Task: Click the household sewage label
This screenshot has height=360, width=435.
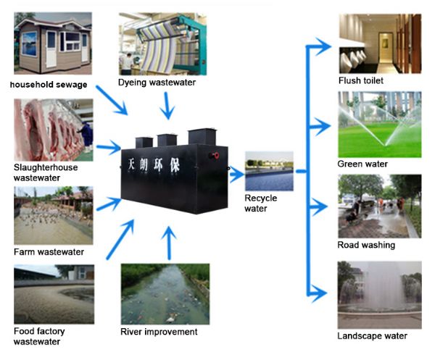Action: (x=49, y=85)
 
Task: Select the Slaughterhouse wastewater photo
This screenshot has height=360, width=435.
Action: (x=53, y=130)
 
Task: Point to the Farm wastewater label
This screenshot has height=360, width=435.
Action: (x=49, y=252)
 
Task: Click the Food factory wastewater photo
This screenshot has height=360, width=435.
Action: (x=53, y=293)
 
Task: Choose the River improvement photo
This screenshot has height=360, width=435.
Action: (x=165, y=293)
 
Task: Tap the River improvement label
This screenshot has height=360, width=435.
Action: (x=159, y=332)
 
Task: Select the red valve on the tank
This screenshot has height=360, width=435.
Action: (x=214, y=156)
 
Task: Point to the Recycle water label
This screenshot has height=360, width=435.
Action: (x=260, y=204)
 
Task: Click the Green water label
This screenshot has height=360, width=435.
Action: (x=362, y=164)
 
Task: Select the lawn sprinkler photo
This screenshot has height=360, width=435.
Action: (x=379, y=124)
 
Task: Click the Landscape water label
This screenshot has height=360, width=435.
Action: (x=372, y=335)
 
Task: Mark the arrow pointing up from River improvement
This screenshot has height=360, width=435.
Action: (x=169, y=243)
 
